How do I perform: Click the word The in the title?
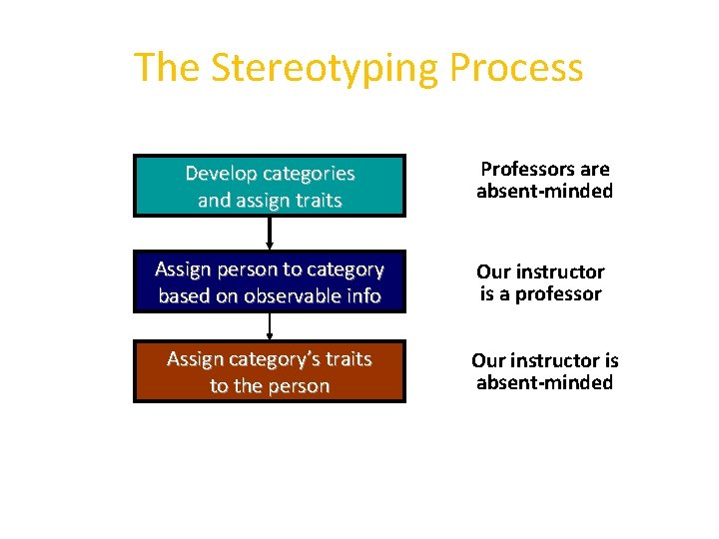168,69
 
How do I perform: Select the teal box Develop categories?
270,186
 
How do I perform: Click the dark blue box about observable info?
270,282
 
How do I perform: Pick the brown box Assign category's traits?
270,372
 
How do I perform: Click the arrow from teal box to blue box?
270,234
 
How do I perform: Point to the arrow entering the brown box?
270,326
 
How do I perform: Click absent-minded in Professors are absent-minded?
544,192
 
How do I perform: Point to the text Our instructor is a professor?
540,282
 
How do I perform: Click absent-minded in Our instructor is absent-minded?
544,383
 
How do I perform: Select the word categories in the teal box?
309,174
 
